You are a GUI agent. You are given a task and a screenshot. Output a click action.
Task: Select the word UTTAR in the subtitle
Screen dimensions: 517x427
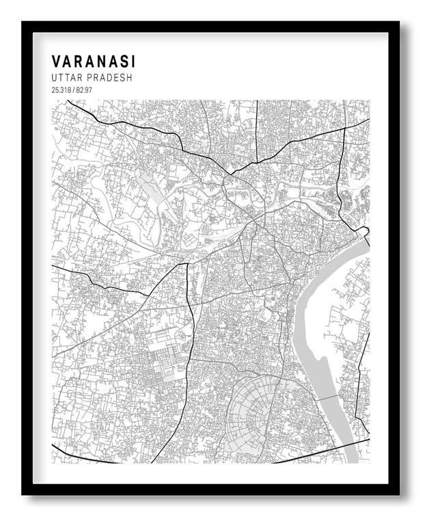pos(65,78)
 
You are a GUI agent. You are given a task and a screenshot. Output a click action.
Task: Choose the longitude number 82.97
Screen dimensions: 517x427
pos(83,90)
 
